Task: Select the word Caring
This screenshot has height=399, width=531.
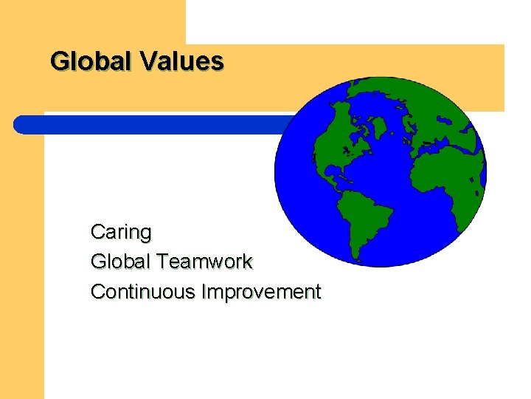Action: (120, 233)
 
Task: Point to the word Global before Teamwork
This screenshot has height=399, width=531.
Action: (117, 262)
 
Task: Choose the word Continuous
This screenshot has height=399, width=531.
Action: (142, 292)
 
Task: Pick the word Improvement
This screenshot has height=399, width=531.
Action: (262, 292)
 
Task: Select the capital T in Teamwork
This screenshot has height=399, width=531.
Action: (158, 262)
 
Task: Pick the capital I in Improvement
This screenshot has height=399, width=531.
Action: (204, 292)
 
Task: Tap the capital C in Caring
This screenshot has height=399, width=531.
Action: (97, 233)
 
